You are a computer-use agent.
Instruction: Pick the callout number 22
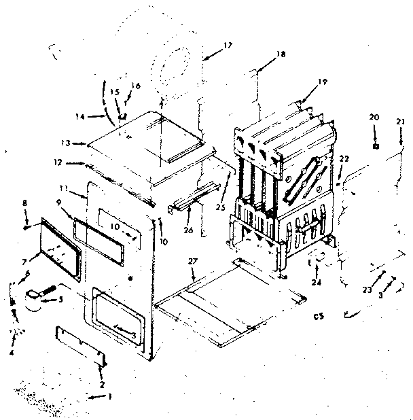(344, 158)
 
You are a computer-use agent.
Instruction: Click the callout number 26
(187, 230)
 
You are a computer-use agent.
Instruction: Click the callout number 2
(102, 385)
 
